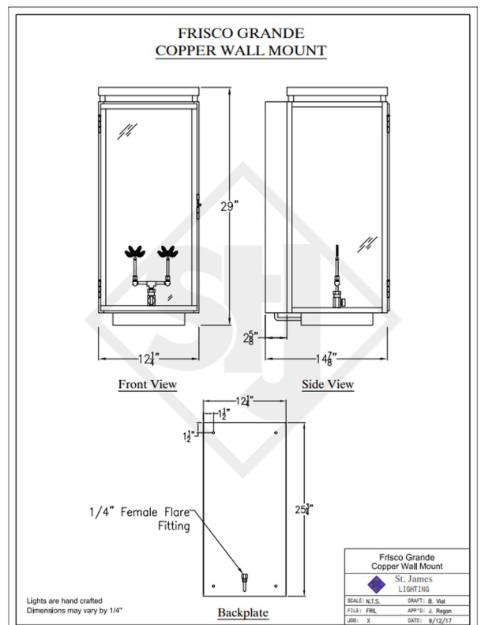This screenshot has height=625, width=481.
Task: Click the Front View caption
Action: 147,385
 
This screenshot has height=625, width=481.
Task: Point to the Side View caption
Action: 328,385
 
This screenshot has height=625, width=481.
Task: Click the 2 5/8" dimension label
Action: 250,338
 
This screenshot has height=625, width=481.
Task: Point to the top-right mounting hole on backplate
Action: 274,432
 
